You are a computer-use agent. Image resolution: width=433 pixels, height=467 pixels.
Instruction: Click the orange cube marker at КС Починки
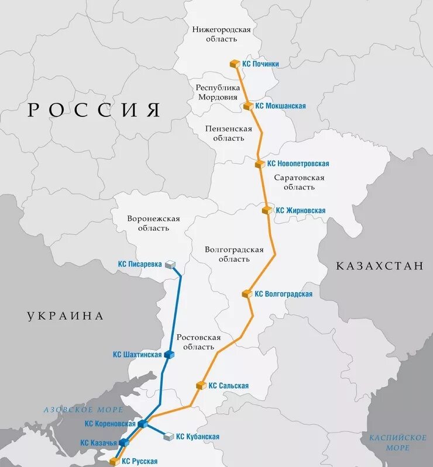(x=235, y=64)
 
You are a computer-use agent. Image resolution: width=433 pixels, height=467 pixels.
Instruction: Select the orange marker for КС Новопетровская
(x=260, y=164)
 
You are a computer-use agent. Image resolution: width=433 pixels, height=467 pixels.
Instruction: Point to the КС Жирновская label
(x=300, y=210)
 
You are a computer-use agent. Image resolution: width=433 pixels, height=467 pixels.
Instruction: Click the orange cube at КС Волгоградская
(x=247, y=294)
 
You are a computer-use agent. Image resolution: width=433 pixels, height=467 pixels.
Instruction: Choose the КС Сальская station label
(x=228, y=386)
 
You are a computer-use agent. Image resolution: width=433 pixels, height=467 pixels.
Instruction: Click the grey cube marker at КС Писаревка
(x=170, y=265)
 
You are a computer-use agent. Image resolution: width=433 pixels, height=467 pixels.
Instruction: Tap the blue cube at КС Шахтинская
(x=169, y=354)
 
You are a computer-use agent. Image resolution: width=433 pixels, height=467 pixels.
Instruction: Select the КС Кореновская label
(x=110, y=424)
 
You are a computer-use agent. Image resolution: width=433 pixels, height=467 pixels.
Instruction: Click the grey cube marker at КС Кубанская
(x=169, y=437)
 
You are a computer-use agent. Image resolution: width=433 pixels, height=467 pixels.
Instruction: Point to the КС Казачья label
(x=99, y=442)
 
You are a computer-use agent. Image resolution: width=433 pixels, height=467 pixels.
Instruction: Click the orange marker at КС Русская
(x=115, y=461)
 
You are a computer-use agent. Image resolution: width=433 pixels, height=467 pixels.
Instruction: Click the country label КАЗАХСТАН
(x=379, y=266)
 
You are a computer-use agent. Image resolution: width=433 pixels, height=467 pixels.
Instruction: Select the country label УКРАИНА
(x=65, y=316)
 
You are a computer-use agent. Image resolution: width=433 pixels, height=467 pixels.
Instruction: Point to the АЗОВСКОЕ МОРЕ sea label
(x=75, y=410)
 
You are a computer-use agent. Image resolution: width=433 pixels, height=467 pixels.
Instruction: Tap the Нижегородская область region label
(x=221, y=34)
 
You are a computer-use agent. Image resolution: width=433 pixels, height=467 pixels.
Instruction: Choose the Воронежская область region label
(x=153, y=223)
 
